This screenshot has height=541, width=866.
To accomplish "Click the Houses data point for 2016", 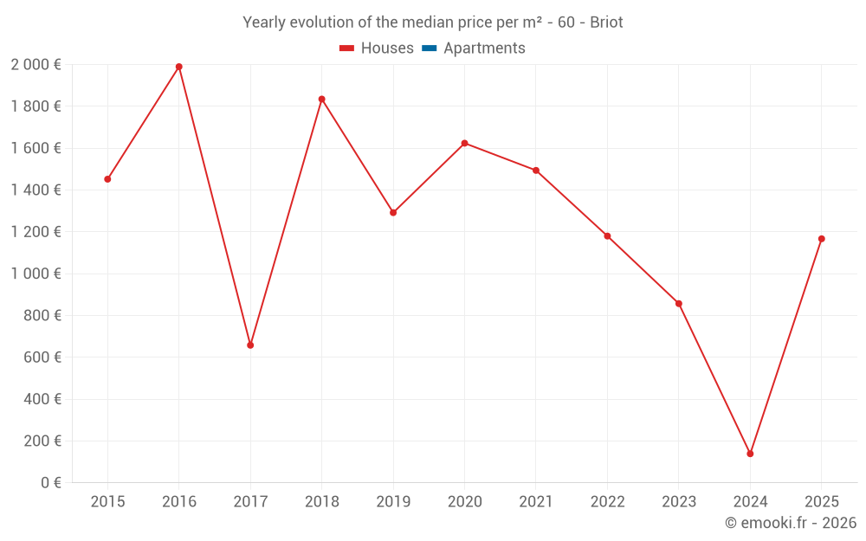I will click(179, 67).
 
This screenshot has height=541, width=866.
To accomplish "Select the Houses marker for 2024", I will click(750, 454).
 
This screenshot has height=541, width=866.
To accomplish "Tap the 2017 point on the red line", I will click(250, 345).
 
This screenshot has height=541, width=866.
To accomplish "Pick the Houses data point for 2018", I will click(321, 100).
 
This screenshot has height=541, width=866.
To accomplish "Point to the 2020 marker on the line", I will click(464, 143).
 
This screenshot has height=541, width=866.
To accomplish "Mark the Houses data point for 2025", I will click(821, 239).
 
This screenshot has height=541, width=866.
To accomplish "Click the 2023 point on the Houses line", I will click(678, 304).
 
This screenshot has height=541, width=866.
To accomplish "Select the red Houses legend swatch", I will click(347, 48).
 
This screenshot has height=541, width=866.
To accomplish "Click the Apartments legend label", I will click(484, 48).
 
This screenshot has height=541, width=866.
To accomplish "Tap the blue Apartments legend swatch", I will click(429, 48).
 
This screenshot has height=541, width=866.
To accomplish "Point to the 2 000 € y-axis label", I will click(36, 64).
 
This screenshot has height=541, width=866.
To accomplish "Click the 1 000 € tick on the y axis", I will click(36, 274).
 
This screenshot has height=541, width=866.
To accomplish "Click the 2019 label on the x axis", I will click(393, 501).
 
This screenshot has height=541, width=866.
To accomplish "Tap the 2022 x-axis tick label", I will click(607, 501).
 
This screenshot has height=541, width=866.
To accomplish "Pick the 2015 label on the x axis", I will click(107, 501).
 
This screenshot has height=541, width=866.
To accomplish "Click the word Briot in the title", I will click(606, 23).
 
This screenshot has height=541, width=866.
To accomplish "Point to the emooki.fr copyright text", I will click(791, 523).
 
